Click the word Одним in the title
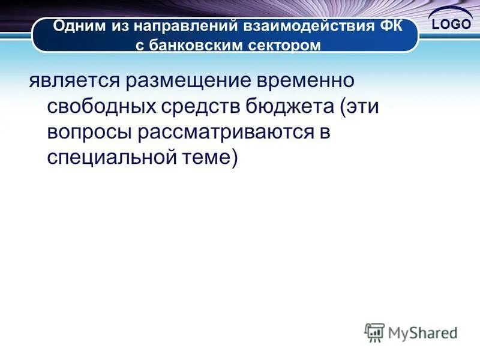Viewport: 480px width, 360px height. point(77,27)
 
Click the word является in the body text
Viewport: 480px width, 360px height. point(70,82)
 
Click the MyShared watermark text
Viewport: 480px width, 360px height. point(422,332)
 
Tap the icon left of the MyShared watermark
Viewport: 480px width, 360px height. point(374,332)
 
